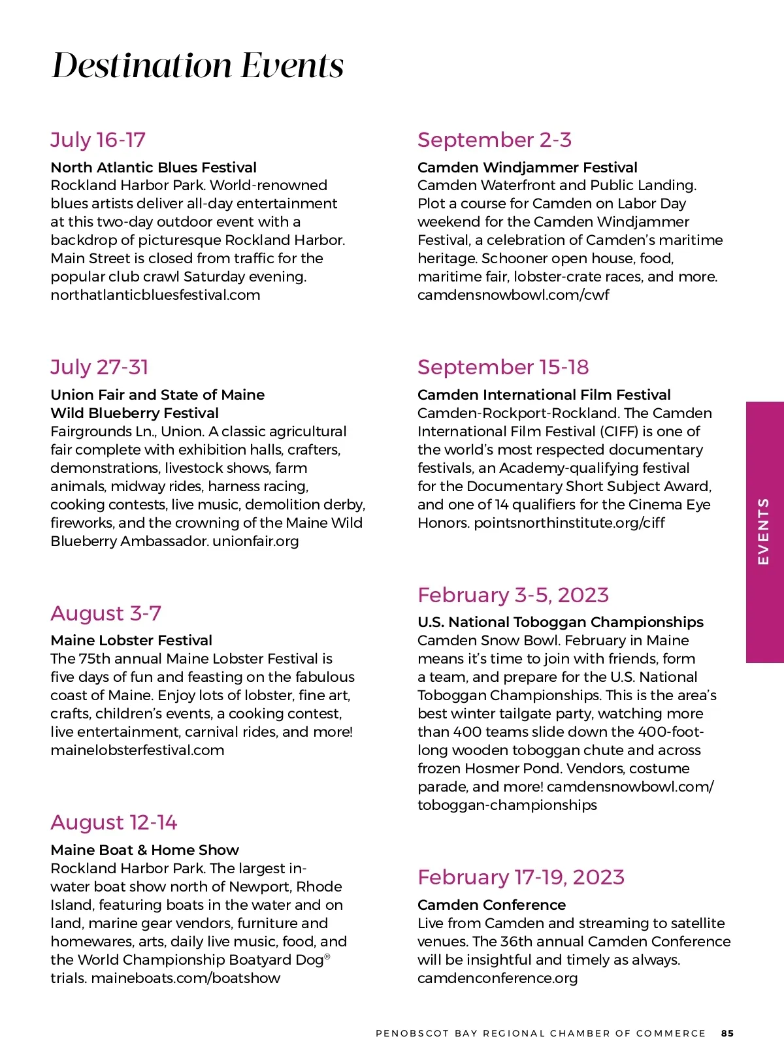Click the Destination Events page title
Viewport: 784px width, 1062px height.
coord(197,65)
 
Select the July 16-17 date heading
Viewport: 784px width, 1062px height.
coord(98,140)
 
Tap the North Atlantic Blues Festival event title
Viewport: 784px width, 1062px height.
coord(154,167)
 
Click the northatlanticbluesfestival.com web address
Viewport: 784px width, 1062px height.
coord(155,295)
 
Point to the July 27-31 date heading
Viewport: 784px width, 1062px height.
coord(99,367)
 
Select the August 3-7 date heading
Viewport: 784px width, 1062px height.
coord(106,613)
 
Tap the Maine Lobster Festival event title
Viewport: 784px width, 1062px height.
coord(131,640)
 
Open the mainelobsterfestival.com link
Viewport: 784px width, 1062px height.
coord(137,750)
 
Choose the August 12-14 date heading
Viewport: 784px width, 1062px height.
coord(114,822)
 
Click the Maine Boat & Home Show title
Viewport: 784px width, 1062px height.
coord(144,850)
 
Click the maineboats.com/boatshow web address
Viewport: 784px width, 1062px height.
coord(186,978)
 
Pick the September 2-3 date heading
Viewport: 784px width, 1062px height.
coord(495,140)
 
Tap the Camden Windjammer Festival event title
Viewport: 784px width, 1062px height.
coord(527,167)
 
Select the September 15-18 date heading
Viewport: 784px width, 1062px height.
coord(503,367)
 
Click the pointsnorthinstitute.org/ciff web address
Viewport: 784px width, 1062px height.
coord(569,523)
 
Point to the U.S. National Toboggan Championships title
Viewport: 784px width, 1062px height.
coord(561,622)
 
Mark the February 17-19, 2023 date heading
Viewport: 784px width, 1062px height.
coord(521,877)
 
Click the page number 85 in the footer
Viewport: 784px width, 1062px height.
coord(727,1033)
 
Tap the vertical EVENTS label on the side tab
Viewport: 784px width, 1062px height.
coord(763,531)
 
